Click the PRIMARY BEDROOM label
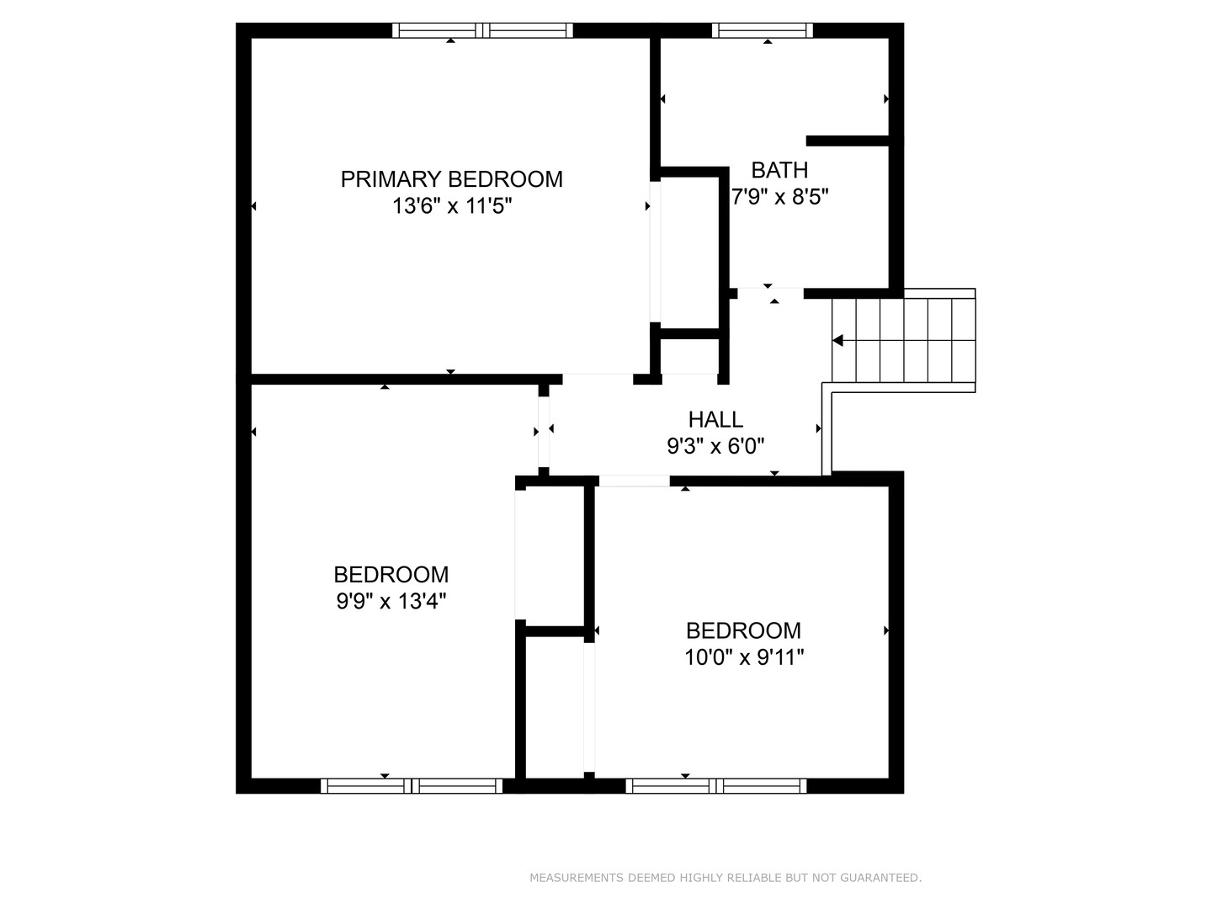(451, 179)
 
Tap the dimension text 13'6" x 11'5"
(452, 206)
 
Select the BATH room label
(779, 170)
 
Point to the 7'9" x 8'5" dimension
(779, 196)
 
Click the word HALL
(715, 419)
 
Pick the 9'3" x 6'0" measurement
(715, 446)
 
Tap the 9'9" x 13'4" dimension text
(391, 601)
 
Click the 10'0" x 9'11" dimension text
(744, 657)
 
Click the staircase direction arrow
(837, 341)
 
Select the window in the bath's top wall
(763, 30)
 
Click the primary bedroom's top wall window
(482, 30)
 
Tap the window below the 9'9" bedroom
(412, 786)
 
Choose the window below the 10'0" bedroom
(716, 786)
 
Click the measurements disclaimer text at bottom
(726, 878)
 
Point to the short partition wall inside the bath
(848, 141)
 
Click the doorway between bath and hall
(770, 293)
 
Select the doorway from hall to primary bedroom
(598, 379)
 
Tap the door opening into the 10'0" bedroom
(635, 481)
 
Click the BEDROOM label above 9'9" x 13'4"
(391, 575)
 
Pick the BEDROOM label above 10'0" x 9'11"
(743, 630)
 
